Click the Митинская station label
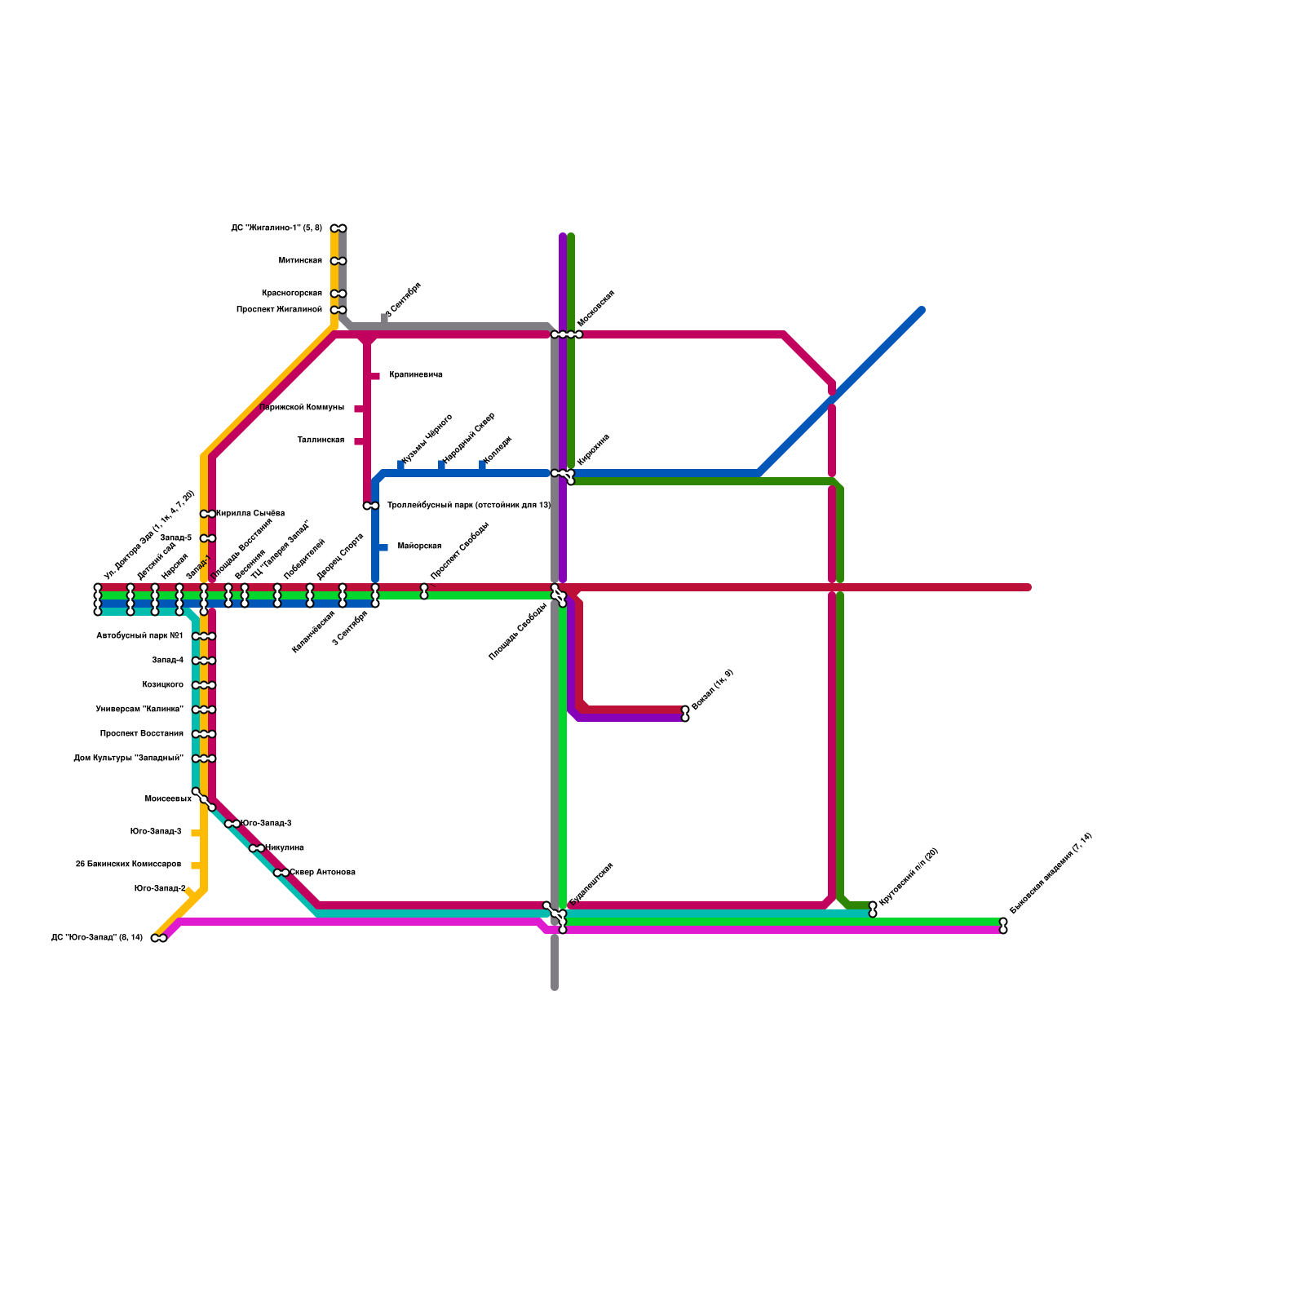pyautogui.click(x=300, y=261)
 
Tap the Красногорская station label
pyautogui.click(x=292, y=294)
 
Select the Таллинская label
pyautogui.click(x=321, y=440)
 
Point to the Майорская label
pyautogui.click(x=419, y=546)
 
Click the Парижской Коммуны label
pyautogui.click(x=302, y=408)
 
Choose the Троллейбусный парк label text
pyautogui.click(x=468, y=506)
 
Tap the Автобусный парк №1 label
pyautogui.click(x=139, y=636)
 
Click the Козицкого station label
pyautogui.click(x=162, y=685)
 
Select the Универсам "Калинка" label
pyautogui.click(x=139, y=710)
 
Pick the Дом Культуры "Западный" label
pyautogui.click(x=128, y=759)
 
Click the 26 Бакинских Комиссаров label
pyautogui.click(x=128, y=865)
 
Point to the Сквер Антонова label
pyautogui.click(x=322, y=873)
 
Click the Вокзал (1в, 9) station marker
pyautogui.click(x=685, y=714)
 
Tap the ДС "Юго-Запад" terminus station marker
pyautogui.click(x=159, y=938)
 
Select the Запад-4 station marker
pyautogui.click(x=204, y=661)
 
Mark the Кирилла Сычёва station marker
pyautogui.click(x=208, y=514)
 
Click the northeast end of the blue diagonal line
pyautogui.click(x=921, y=311)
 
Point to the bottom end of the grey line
pyautogui.click(x=555, y=987)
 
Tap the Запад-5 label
pyautogui.click(x=175, y=538)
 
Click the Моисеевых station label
pyautogui.click(x=168, y=799)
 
